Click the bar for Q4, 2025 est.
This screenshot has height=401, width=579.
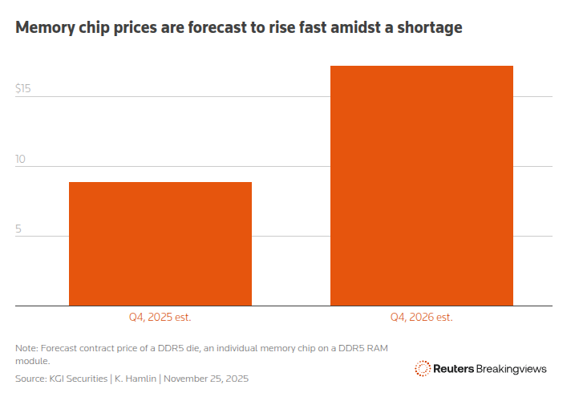160,244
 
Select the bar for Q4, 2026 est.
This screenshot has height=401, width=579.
422,186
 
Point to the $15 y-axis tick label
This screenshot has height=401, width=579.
23,88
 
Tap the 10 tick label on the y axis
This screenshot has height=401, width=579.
21,159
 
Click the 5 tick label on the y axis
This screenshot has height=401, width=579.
18,229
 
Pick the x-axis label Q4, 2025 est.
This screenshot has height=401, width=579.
160,317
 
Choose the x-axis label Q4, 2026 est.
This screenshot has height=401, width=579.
422,317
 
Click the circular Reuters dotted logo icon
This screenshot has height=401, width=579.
423,368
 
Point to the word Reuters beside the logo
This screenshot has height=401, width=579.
454,369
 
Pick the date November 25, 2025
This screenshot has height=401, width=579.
211,378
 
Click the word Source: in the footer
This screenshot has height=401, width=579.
30,378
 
